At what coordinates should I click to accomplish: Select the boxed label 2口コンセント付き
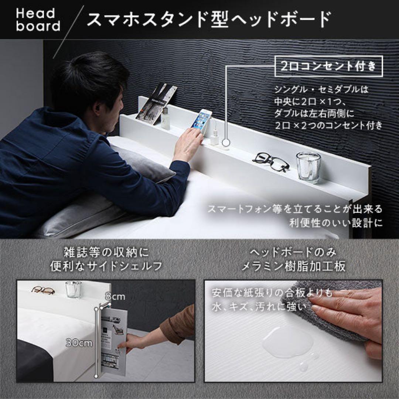(328, 66)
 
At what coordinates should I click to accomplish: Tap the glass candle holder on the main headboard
(308, 167)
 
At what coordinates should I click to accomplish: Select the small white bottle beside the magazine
(166, 118)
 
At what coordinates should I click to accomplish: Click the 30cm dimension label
(79, 342)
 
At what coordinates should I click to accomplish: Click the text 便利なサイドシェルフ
(106, 266)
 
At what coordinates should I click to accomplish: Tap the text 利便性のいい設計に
(335, 223)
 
